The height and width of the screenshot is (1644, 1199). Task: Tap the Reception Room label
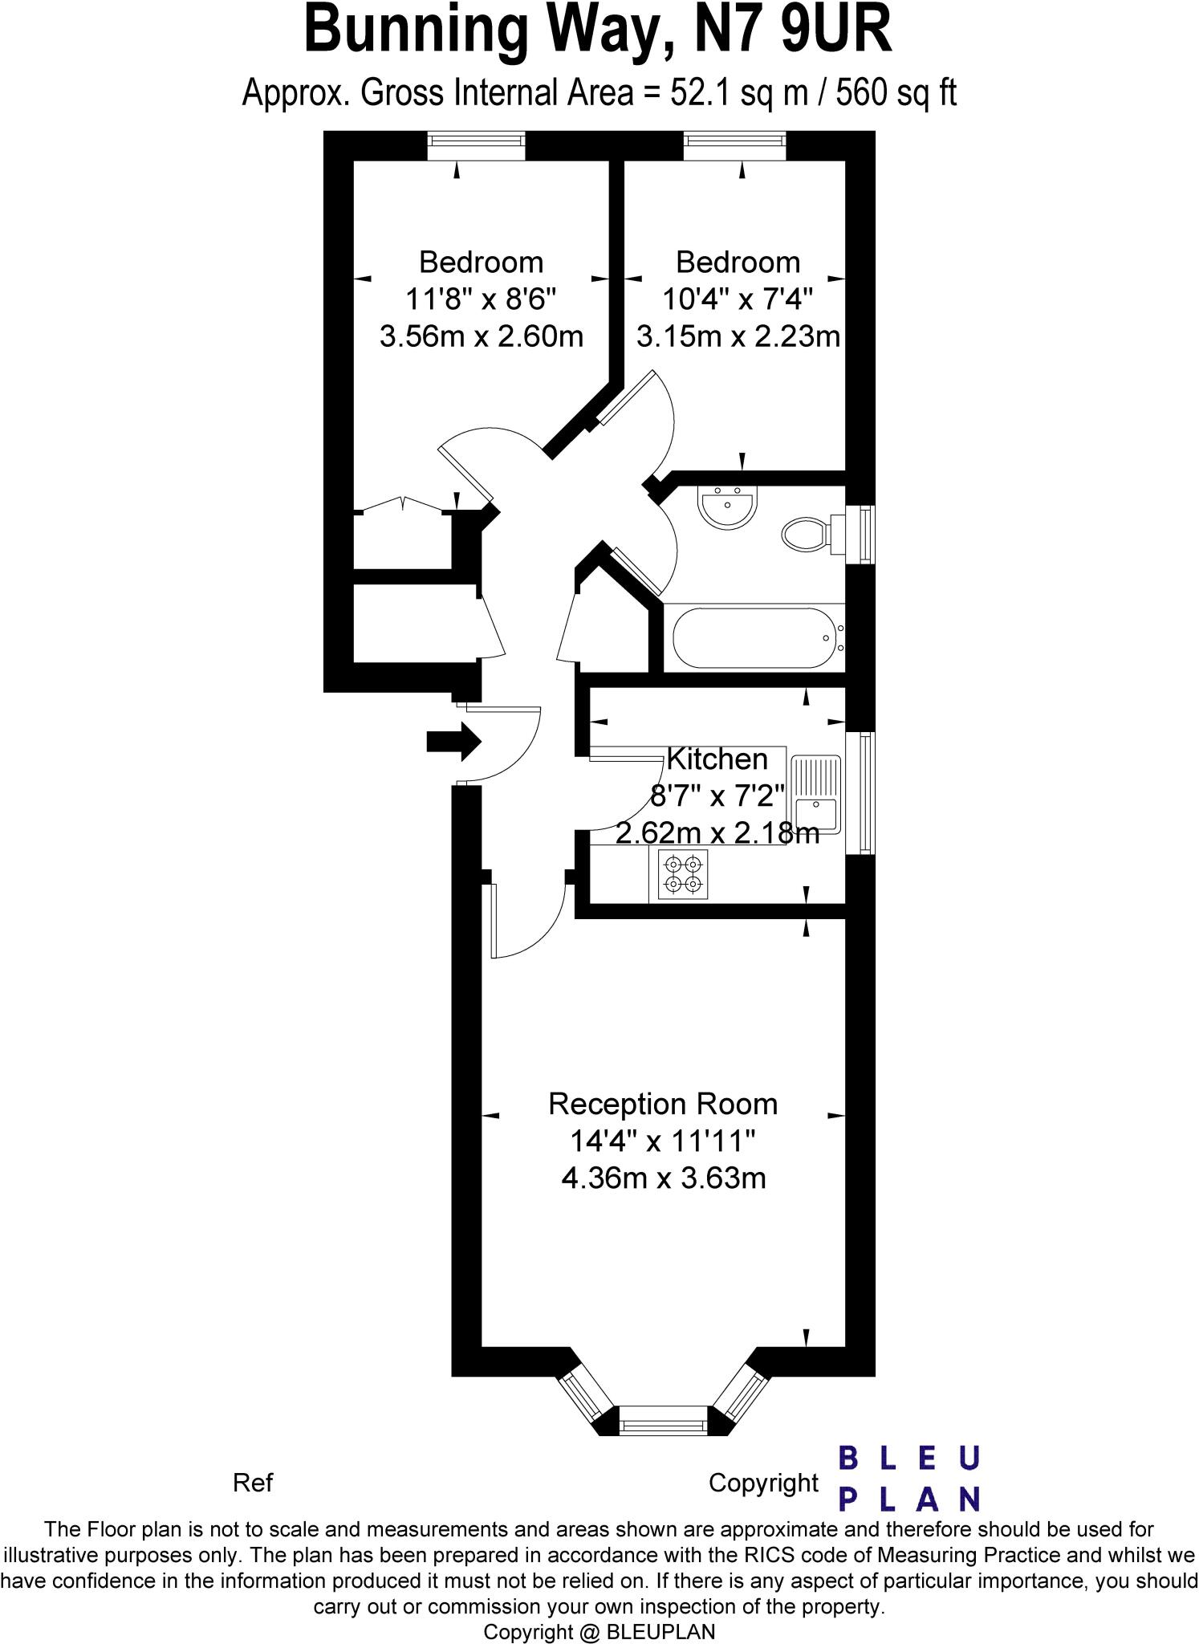coord(663,1105)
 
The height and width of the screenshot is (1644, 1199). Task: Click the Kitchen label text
coord(717,759)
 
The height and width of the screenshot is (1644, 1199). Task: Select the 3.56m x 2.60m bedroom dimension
coord(481,336)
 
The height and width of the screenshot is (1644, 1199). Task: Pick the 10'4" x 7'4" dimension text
coord(738,299)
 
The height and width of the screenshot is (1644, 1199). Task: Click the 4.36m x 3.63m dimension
coord(663,1178)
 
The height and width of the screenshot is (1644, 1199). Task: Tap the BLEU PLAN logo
coord(909,1479)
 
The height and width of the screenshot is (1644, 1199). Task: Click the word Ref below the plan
coord(253,1483)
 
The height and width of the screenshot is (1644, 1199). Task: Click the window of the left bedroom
coord(476,146)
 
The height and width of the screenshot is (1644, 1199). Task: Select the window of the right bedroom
coord(734,146)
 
